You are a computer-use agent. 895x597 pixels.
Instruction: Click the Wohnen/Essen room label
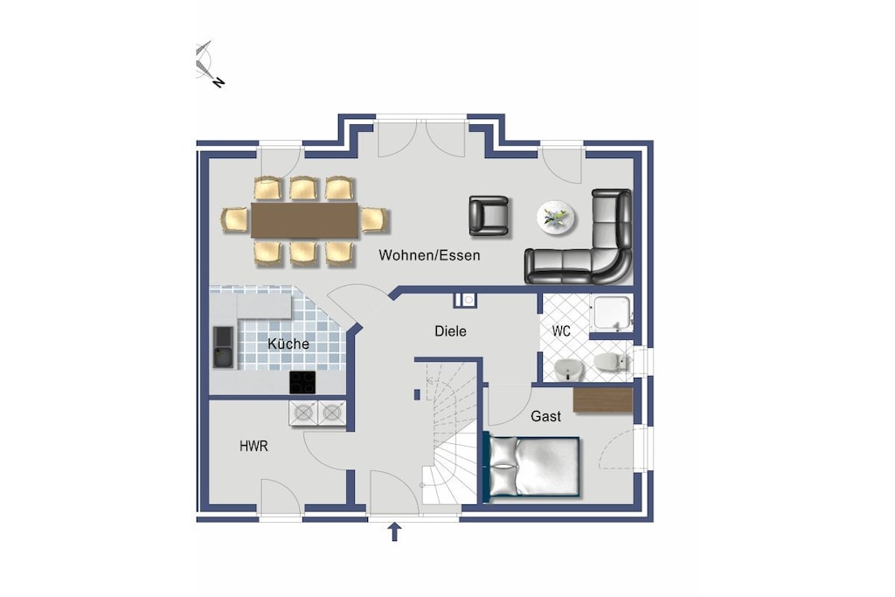click(x=429, y=255)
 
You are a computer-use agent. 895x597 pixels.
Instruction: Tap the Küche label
click(x=288, y=344)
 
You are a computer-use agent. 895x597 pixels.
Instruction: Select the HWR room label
click(x=253, y=447)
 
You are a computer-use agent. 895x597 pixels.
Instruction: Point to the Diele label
click(x=450, y=331)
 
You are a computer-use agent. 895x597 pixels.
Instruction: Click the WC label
click(x=561, y=331)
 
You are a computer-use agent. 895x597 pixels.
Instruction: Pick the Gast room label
click(x=545, y=417)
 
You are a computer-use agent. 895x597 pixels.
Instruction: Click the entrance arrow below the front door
click(x=394, y=532)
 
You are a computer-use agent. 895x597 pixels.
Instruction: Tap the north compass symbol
click(x=206, y=62)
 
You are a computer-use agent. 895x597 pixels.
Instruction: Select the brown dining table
click(x=304, y=220)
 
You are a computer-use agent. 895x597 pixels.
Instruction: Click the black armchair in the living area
click(x=489, y=216)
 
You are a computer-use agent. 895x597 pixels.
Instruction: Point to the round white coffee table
click(x=556, y=218)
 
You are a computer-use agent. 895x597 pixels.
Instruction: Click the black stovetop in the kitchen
click(x=302, y=382)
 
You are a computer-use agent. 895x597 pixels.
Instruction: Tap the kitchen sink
click(x=223, y=346)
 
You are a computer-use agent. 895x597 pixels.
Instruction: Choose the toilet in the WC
click(x=611, y=362)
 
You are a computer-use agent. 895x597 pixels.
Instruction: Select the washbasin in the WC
click(x=568, y=370)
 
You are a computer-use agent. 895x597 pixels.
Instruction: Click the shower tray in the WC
click(x=611, y=312)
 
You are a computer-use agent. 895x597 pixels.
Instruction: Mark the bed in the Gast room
click(x=532, y=467)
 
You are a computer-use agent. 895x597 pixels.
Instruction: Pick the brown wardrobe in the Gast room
click(x=603, y=399)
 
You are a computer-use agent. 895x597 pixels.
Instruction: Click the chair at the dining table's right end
click(x=374, y=220)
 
